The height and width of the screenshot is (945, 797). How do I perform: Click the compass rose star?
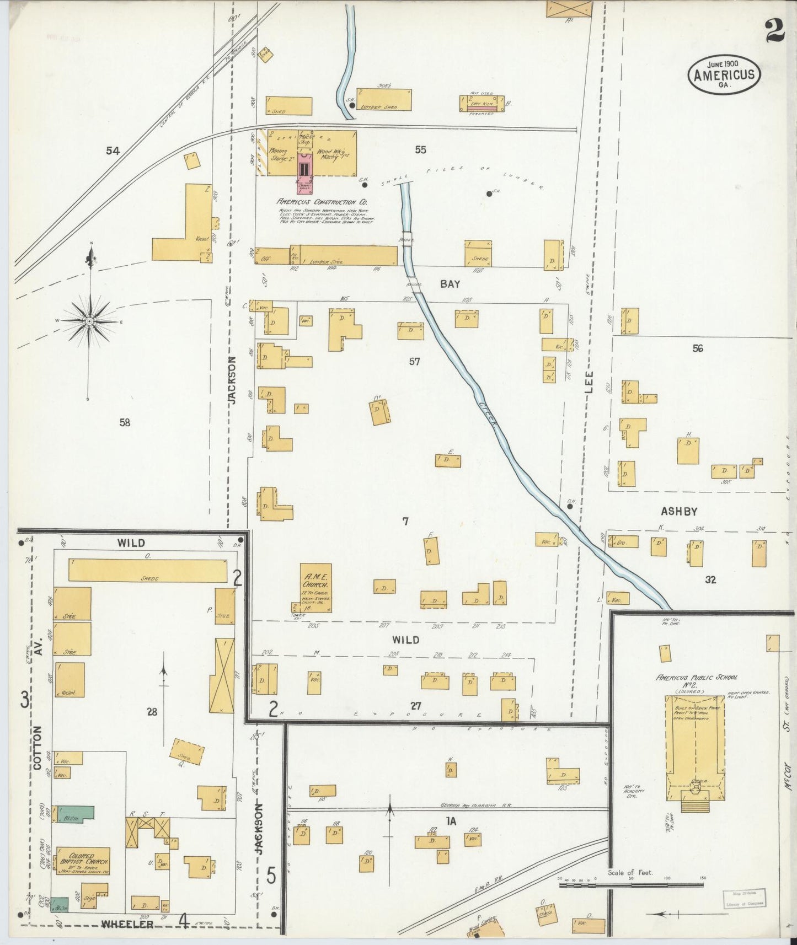pos(89,321)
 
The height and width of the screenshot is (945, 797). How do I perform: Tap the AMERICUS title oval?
pos(724,75)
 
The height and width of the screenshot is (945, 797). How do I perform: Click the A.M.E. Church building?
pos(315,588)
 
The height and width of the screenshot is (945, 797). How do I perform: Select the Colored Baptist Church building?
pos(83,861)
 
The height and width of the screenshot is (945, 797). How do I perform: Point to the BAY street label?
pos(450,284)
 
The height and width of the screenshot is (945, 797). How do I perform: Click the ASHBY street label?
pos(679,512)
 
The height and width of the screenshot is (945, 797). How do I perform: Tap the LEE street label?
pos(589,382)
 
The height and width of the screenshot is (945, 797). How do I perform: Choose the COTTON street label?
pos(38,747)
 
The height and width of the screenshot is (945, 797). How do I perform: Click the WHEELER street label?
pos(127,924)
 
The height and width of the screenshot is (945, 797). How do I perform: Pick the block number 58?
pos(125,422)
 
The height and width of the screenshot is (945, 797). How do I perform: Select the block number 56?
pos(698,348)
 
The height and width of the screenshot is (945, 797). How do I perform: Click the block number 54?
pos(113,150)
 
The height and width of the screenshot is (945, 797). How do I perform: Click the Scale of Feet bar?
pos(631,885)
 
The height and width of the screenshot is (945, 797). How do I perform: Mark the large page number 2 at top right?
pos(774,30)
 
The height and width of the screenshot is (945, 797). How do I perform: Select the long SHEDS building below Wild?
pos(147,570)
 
